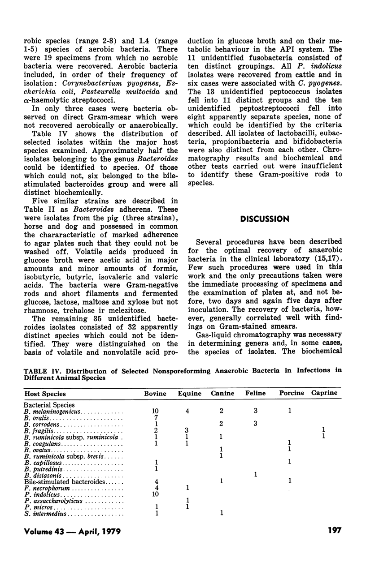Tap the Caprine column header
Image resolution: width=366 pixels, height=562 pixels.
pos(326,393)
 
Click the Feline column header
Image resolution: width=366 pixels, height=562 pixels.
pos(256,394)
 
